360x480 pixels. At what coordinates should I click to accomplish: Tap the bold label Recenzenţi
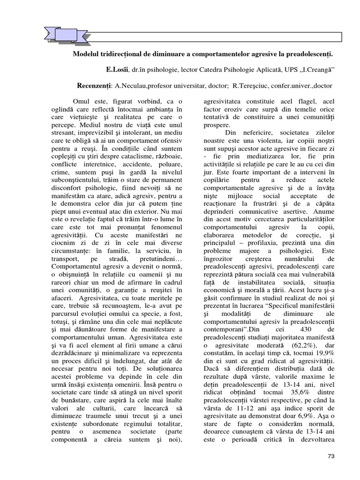(x=93, y=86)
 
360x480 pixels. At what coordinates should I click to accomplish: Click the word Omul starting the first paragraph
(x=82, y=101)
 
